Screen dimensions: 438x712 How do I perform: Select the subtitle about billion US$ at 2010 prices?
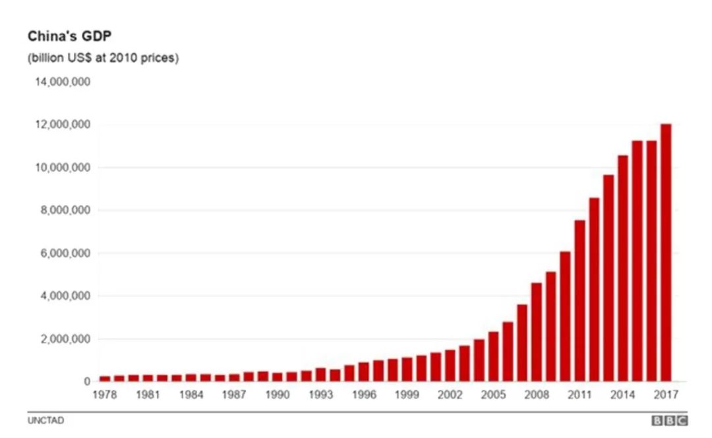tap(103, 58)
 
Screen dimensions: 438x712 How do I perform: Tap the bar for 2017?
tap(666, 253)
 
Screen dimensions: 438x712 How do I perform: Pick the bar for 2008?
tap(537, 332)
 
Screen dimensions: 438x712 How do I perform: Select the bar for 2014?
tap(623, 268)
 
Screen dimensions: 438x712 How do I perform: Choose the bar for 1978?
tap(105, 378)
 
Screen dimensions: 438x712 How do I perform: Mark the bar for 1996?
tap(364, 371)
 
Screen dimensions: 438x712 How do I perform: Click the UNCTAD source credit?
tap(45, 421)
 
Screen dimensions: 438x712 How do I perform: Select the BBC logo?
tap(669, 421)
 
